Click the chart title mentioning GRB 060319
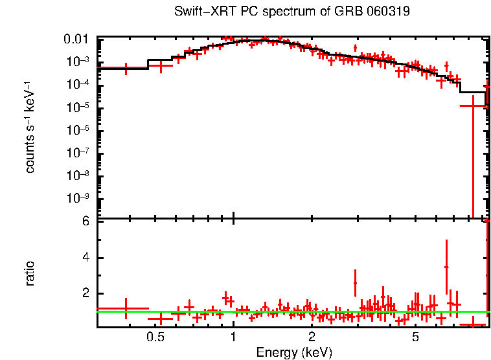pos(292,12)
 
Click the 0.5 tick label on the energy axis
pos(155,337)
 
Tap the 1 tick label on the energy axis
pos(233,337)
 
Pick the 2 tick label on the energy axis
pos(312,337)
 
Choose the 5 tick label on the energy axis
pos(415,337)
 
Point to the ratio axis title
pos(30,273)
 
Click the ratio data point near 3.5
pos(446,267)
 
